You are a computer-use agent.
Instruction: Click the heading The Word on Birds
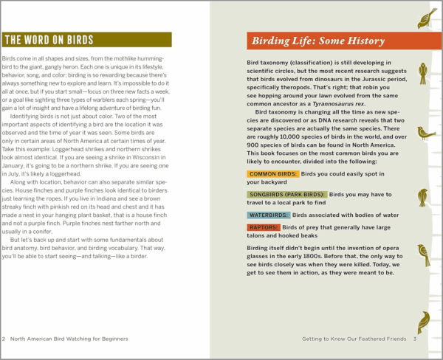[x=49, y=40]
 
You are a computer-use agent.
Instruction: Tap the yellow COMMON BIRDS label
[x=273, y=174]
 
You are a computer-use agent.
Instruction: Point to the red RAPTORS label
[x=262, y=227]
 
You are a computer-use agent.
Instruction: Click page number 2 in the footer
[x=4, y=339]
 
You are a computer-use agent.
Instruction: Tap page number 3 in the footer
[x=415, y=339]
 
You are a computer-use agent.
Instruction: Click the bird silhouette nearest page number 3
[x=424, y=320]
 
